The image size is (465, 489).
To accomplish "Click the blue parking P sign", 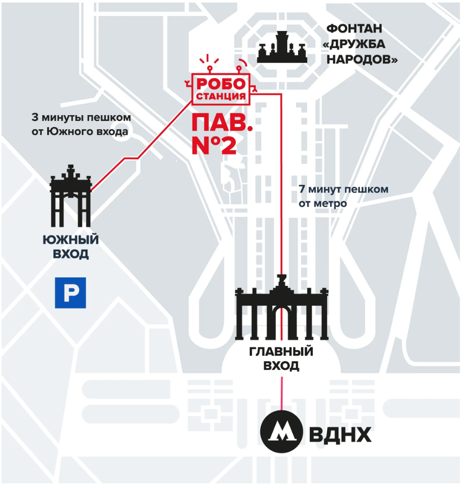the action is [70, 293].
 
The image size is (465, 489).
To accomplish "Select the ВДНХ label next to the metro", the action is [340, 434].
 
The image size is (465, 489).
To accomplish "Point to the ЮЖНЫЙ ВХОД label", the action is [71, 247].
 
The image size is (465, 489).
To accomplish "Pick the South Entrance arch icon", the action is [71, 196].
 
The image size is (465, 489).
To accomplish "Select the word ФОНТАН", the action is [354, 29].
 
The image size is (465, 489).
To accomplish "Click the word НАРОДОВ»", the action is [362, 59].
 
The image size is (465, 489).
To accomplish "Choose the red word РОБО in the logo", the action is [221, 84].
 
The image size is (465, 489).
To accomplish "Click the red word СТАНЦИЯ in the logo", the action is [221, 96].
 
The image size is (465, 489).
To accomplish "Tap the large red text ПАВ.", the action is [222, 123].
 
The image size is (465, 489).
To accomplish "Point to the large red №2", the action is [214, 145].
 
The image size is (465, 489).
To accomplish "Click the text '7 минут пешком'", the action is [343, 189].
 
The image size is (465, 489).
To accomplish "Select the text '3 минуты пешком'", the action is [81, 118].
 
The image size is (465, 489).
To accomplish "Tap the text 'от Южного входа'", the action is [80, 131].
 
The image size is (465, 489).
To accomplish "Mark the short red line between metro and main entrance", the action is [282, 393].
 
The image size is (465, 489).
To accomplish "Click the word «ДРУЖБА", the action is [354, 44].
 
